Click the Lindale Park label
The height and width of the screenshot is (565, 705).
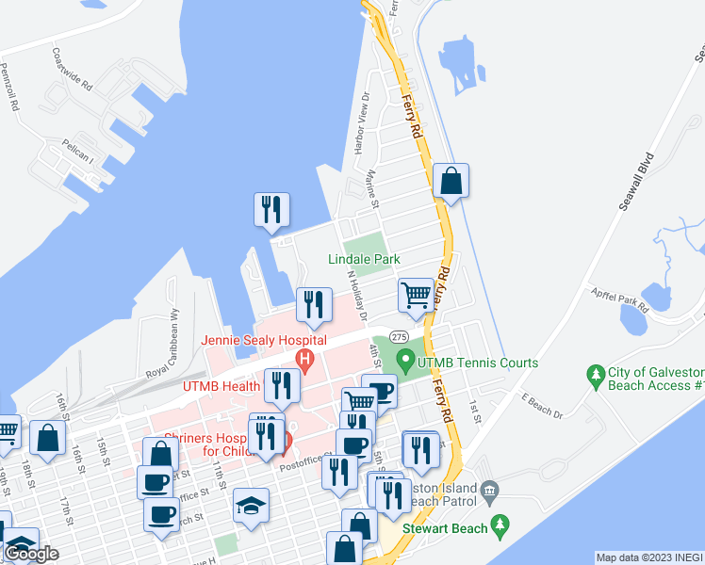364,259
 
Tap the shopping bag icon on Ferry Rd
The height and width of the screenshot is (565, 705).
451,181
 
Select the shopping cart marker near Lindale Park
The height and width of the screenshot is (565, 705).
416,295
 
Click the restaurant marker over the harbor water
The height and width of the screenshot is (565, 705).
271,208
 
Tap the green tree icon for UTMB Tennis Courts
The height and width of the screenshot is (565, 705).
405,359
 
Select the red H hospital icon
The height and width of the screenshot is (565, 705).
304,358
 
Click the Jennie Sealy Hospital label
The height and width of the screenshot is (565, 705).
263,340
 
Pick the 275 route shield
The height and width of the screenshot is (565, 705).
399,337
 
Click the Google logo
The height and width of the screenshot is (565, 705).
30,554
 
